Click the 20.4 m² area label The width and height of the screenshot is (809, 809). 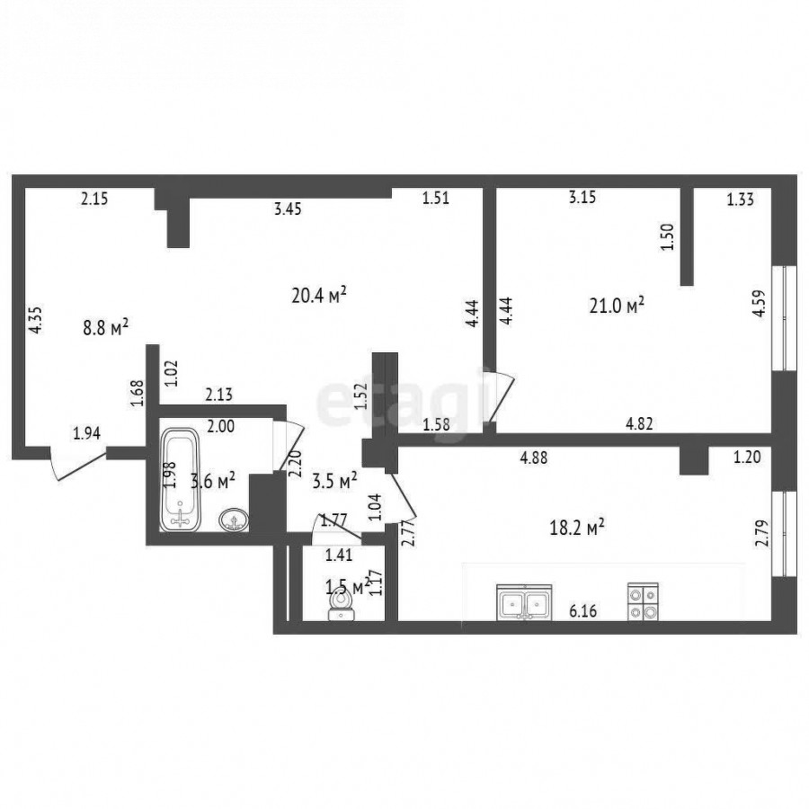coord(318,296)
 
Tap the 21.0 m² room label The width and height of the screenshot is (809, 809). coord(617,305)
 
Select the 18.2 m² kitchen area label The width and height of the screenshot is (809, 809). coord(577,528)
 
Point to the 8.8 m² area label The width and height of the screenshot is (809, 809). coord(106,327)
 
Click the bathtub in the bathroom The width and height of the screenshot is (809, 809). coord(180,479)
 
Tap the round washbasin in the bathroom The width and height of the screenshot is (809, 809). coord(235,520)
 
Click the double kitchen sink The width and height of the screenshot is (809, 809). coord(524,602)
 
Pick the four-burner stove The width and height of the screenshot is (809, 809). coord(643,601)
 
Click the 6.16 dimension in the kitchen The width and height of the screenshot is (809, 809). coord(583,611)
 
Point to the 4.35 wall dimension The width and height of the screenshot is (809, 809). coord(35,320)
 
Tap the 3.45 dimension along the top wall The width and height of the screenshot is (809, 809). coord(288,209)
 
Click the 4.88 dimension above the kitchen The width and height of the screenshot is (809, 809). coord(533,458)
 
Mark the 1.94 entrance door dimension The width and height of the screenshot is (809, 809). coord(86,433)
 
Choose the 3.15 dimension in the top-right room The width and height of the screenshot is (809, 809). coord(582,197)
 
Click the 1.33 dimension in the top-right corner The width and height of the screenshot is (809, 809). coord(741,200)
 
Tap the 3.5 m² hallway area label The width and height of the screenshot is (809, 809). coord(335,481)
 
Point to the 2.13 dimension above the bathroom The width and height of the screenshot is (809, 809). coord(218,395)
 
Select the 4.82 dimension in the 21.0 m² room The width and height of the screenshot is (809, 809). coord(639,423)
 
